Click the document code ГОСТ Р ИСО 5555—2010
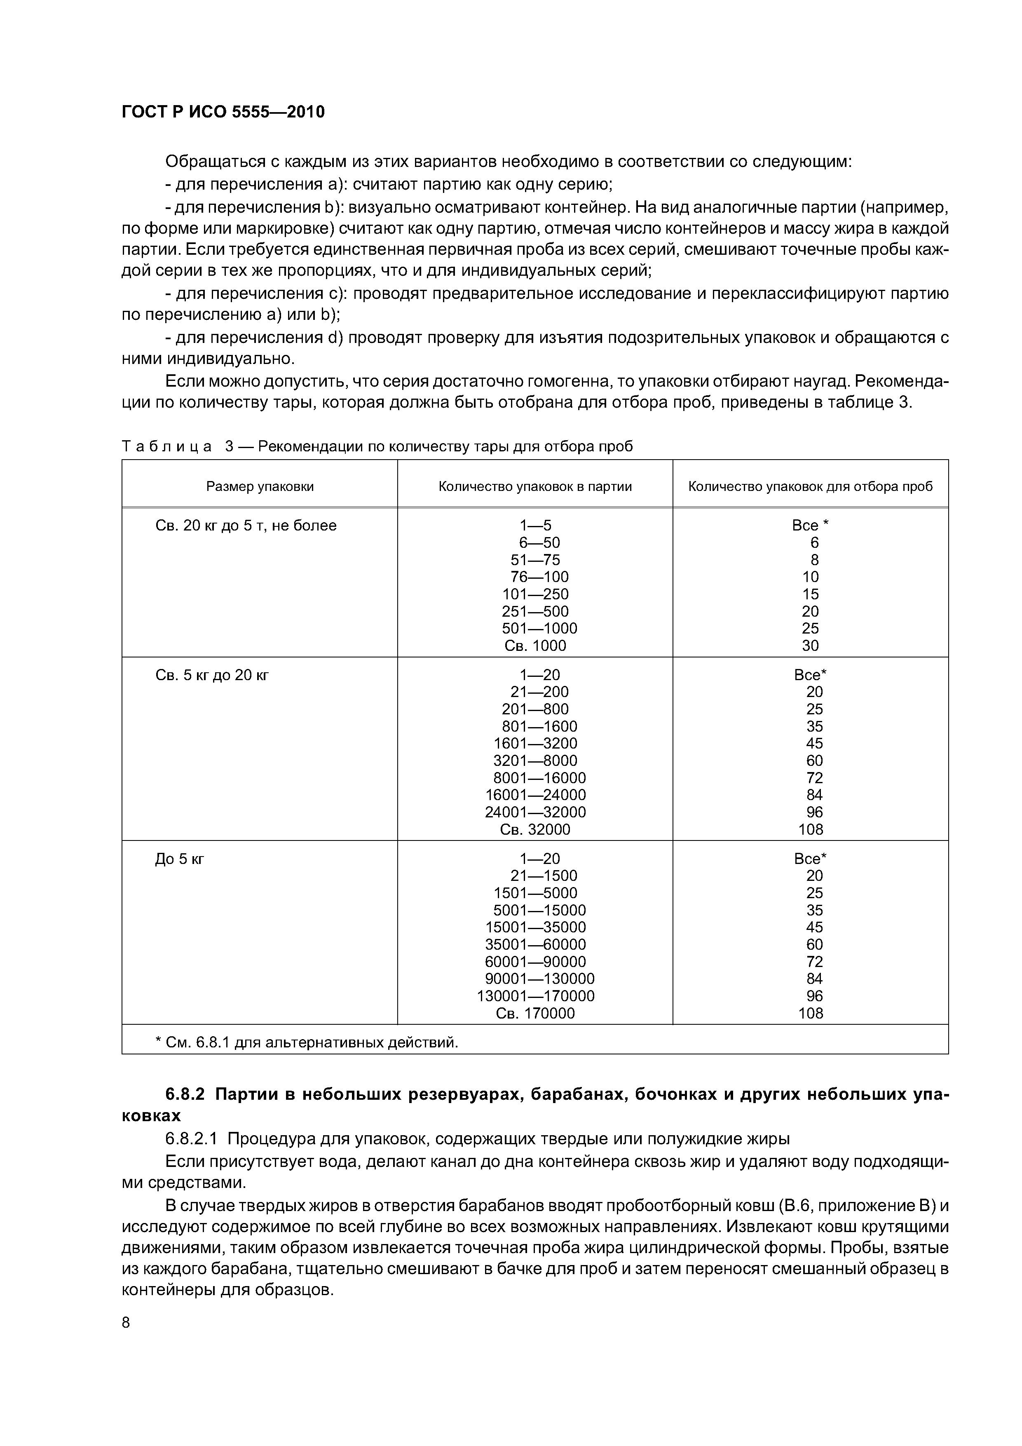pos(223,112)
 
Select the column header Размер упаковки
pos(260,486)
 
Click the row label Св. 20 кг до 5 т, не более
pos(246,525)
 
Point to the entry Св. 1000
pos(535,646)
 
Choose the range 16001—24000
pos(535,795)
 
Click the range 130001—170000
pos(535,996)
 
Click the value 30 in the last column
pos(811,646)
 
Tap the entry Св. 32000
pos(535,829)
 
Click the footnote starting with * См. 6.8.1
pos(307,1042)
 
